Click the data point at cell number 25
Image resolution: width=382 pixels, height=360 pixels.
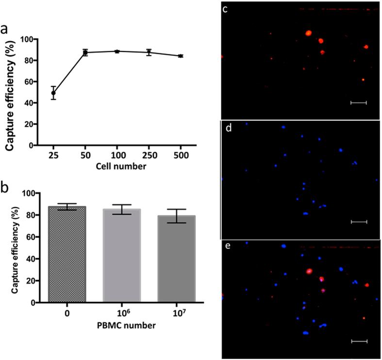(53, 93)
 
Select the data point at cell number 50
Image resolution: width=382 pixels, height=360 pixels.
(85, 52)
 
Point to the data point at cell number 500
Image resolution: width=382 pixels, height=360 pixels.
(181, 56)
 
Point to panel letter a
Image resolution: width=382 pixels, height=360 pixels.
(6, 30)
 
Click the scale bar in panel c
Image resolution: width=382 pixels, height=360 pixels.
(358, 103)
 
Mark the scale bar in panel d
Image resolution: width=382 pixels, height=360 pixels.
(359, 222)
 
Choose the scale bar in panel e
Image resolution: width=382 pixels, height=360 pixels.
(359, 341)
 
